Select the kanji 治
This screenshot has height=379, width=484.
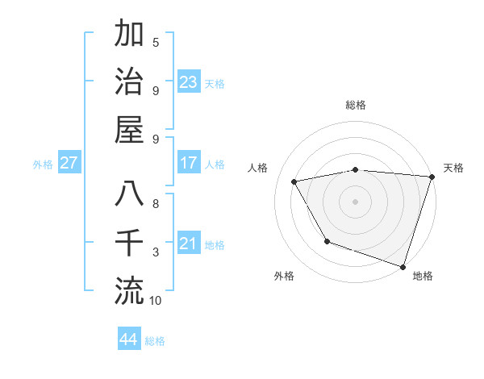[129, 82]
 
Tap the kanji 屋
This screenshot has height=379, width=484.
[129, 130]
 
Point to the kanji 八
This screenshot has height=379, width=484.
[129, 194]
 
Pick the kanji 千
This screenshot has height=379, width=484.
[129, 242]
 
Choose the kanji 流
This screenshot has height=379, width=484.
[129, 289]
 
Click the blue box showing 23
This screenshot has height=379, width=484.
[189, 82]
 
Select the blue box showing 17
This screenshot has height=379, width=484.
[189, 163]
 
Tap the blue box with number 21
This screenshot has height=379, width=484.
[189, 244]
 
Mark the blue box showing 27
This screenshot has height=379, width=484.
[69, 163]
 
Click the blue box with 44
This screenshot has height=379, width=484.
[129, 339]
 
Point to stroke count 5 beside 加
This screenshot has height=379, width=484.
[156, 42]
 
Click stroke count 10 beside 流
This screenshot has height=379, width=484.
[156, 301]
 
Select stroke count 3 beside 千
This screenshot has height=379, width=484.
[156, 252]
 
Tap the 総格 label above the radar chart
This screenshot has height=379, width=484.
[356, 106]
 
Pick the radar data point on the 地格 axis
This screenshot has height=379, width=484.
[403, 266]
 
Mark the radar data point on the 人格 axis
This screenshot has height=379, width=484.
[294, 182]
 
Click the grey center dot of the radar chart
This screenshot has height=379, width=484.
[356, 202]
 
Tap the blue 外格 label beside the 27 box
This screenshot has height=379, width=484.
[43, 165]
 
